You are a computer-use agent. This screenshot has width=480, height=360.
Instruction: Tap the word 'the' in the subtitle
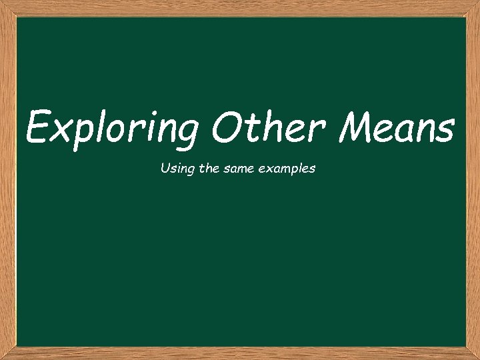click(205, 169)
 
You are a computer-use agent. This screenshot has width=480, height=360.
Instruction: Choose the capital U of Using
click(165, 169)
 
